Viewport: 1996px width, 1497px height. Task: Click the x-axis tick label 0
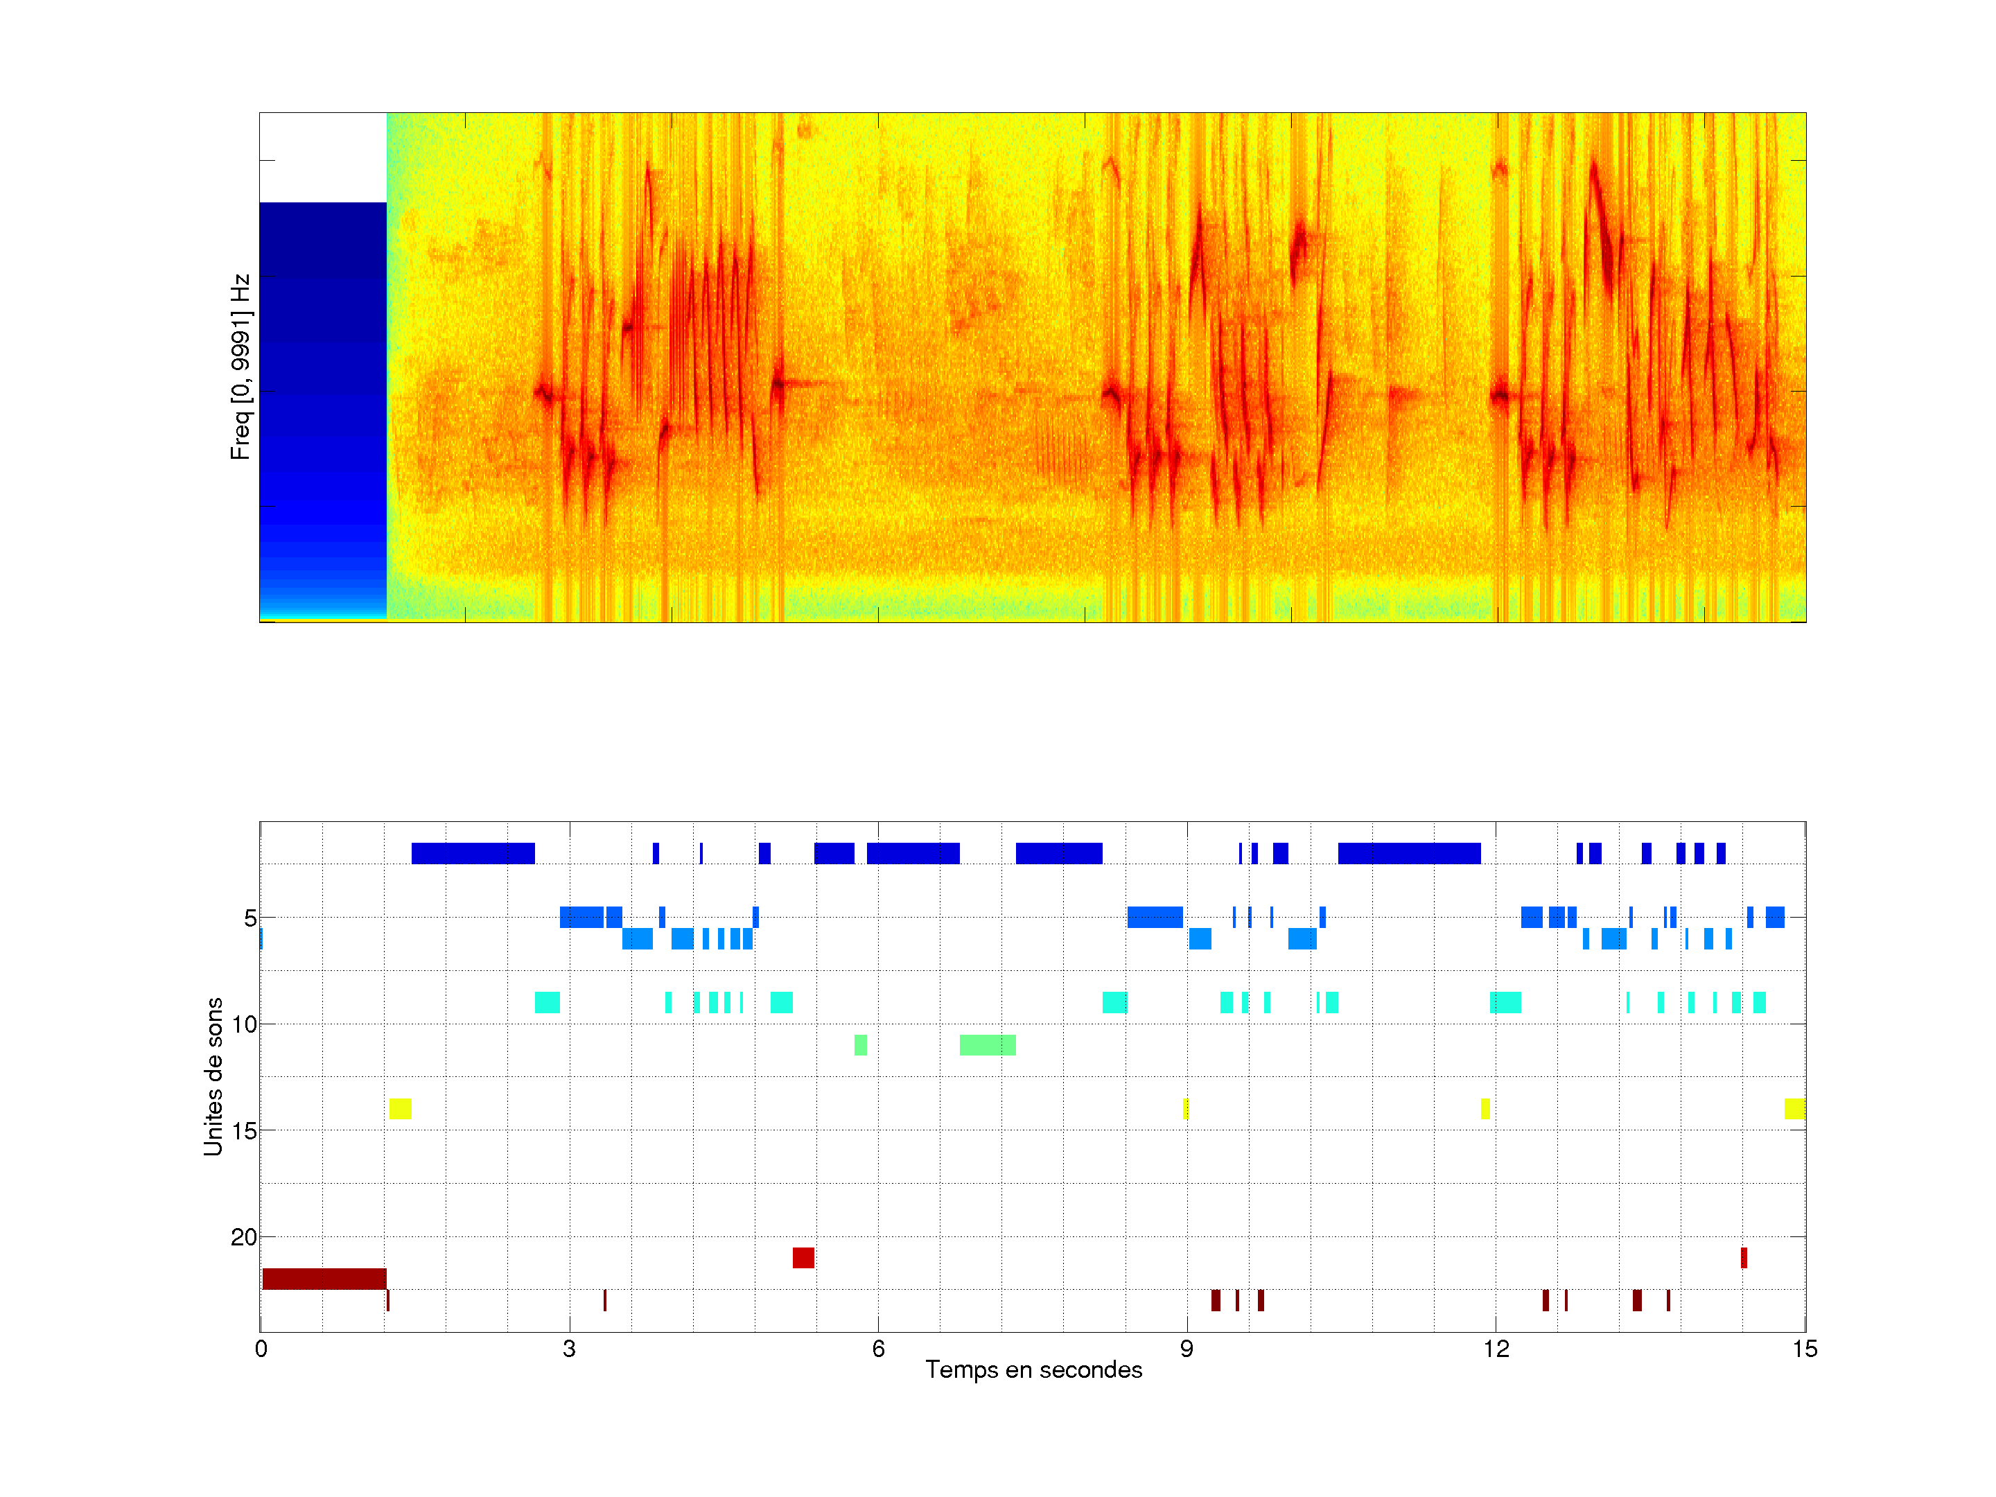click(x=261, y=1349)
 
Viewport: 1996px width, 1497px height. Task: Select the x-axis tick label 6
click(x=878, y=1349)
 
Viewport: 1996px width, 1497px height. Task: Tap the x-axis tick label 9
click(x=1187, y=1349)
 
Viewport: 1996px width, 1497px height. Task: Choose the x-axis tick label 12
click(x=1495, y=1349)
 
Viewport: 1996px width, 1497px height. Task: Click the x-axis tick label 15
click(x=1804, y=1349)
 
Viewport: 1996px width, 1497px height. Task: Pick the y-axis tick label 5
click(x=250, y=918)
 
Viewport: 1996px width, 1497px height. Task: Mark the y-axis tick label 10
click(x=244, y=1024)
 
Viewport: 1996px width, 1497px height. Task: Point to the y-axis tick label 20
click(x=244, y=1237)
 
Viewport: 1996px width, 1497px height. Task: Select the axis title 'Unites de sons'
click(x=213, y=1076)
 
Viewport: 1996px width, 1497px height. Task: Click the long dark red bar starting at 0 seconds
click(x=324, y=1279)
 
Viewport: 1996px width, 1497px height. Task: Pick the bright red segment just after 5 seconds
click(x=803, y=1257)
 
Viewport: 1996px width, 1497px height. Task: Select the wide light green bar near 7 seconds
click(x=987, y=1045)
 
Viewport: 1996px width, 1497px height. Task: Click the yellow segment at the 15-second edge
click(x=1794, y=1109)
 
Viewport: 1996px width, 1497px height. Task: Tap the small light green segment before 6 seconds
click(x=860, y=1045)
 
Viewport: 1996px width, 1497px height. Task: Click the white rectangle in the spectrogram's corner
click(x=322, y=157)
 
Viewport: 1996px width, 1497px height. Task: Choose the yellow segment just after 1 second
click(x=400, y=1109)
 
